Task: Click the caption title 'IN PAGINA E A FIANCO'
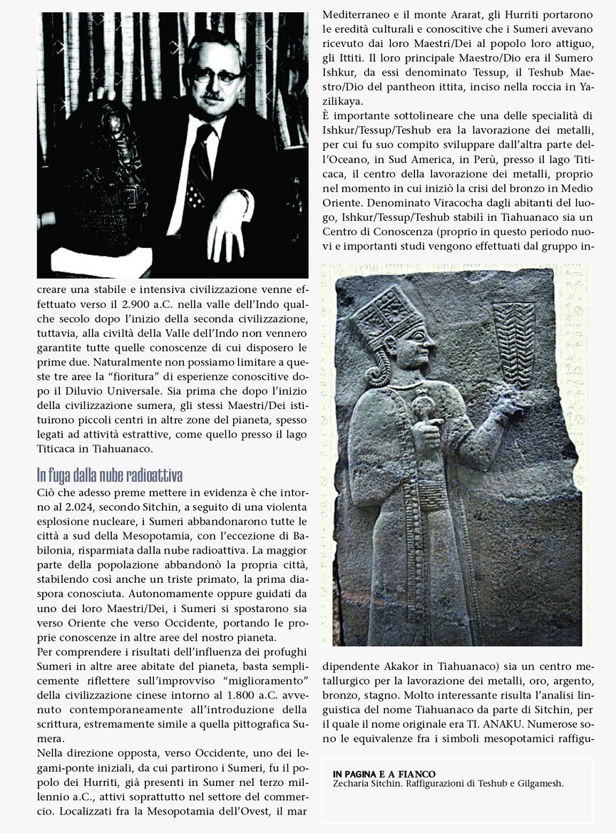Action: click(384, 774)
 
